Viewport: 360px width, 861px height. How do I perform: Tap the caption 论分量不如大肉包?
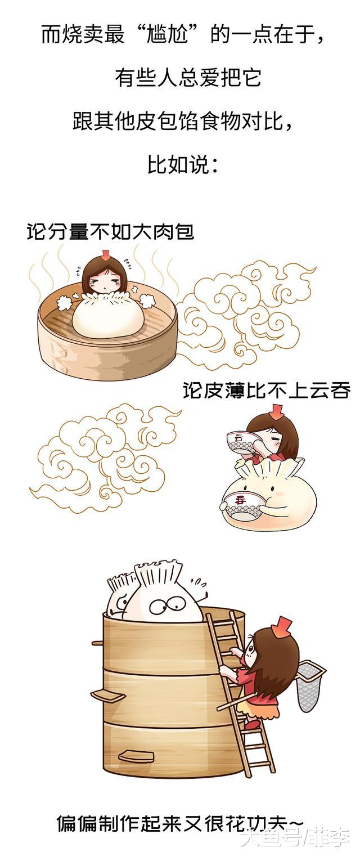pyautogui.click(x=110, y=232)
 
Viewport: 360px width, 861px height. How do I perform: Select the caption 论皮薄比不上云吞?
pyautogui.click(x=266, y=391)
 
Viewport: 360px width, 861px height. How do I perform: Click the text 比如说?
pyautogui.click(x=183, y=165)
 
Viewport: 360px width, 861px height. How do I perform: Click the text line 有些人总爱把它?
pyautogui.click(x=188, y=78)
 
